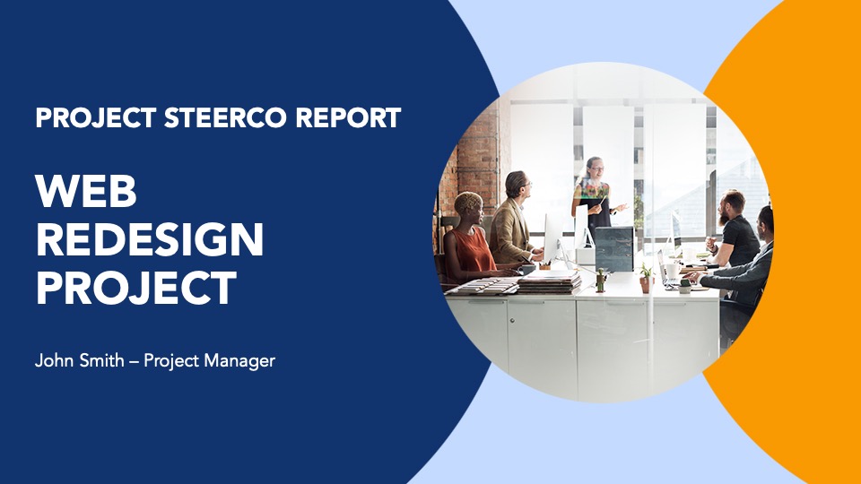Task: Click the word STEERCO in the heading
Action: tap(225, 117)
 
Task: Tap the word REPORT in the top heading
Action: tap(349, 117)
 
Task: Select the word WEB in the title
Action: tap(86, 191)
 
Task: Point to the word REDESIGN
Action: tap(150, 239)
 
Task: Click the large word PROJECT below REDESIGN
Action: tap(136, 288)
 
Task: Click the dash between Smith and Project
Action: tap(134, 362)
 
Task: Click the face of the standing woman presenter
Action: tap(596, 168)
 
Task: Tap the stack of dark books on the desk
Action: tap(549, 283)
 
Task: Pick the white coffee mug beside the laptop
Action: tap(672, 271)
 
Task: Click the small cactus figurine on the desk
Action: tap(601, 280)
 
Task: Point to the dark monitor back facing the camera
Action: tap(613, 249)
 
